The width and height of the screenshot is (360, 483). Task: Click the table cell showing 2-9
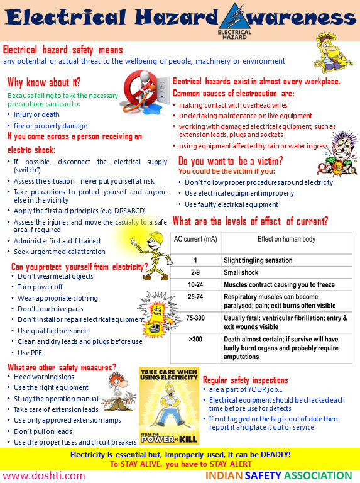coord(195,273)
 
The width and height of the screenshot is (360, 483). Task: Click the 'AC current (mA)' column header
coord(195,240)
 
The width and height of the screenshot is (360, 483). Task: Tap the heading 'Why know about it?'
coord(45,82)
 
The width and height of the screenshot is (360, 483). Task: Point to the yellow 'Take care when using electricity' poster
coord(169,406)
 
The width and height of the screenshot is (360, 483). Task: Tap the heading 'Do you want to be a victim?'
coord(231,160)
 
